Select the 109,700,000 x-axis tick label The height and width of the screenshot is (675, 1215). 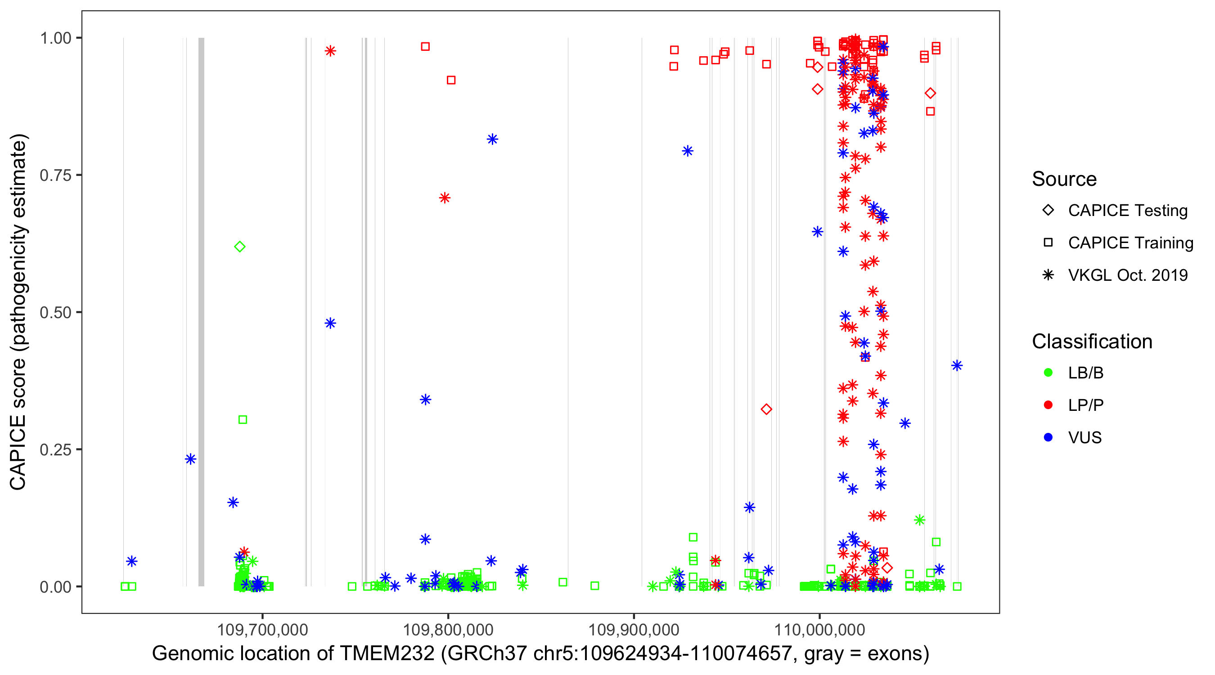click(x=262, y=630)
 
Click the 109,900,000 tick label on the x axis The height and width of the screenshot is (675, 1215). click(x=634, y=630)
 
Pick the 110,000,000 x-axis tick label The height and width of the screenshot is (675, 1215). click(x=820, y=630)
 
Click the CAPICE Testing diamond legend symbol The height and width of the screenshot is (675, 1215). click(x=1048, y=211)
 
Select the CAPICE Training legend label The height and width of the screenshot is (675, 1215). click(x=1130, y=243)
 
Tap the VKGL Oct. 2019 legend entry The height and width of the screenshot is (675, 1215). click(x=1127, y=275)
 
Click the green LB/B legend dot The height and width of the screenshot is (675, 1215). click(x=1048, y=373)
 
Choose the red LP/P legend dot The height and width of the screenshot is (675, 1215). click(x=1048, y=405)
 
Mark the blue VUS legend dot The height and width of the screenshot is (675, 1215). click(x=1048, y=438)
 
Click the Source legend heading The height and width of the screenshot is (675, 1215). click(x=1064, y=179)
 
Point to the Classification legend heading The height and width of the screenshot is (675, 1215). click(x=1092, y=342)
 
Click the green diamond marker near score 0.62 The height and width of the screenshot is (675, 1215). click(x=239, y=247)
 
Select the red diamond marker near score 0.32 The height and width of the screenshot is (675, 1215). click(x=766, y=409)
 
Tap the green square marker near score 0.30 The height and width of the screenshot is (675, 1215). click(x=243, y=420)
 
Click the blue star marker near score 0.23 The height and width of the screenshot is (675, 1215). click(x=190, y=459)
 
